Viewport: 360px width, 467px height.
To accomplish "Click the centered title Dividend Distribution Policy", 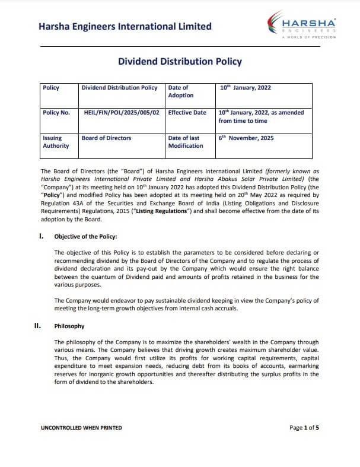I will pyautogui.click(x=180, y=61).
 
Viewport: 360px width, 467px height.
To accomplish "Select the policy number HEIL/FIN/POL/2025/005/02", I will pyautogui.click(x=122, y=112).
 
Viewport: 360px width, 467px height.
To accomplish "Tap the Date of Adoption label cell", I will pyautogui.click(x=181, y=91).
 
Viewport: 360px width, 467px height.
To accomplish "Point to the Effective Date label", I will pyautogui.click(x=187, y=112).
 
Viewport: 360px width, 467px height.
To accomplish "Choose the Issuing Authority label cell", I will pyautogui.click(x=56, y=142).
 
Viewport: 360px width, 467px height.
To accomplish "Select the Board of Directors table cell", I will pyautogui.click(x=107, y=138).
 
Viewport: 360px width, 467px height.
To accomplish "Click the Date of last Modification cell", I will pyautogui.click(x=185, y=142).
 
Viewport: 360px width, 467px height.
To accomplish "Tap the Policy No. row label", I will pyautogui.click(x=56, y=112).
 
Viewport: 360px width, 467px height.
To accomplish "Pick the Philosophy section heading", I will pyautogui.click(x=69, y=326).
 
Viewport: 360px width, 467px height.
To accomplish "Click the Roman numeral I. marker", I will pyautogui.click(x=42, y=236).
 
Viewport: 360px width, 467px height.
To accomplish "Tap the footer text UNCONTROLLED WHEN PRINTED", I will pyautogui.click(x=81, y=427).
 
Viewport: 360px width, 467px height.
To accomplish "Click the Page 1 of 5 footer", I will pyautogui.click(x=304, y=427).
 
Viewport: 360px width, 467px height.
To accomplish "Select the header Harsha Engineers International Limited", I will pyautogui.click(x=125, y=26).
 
